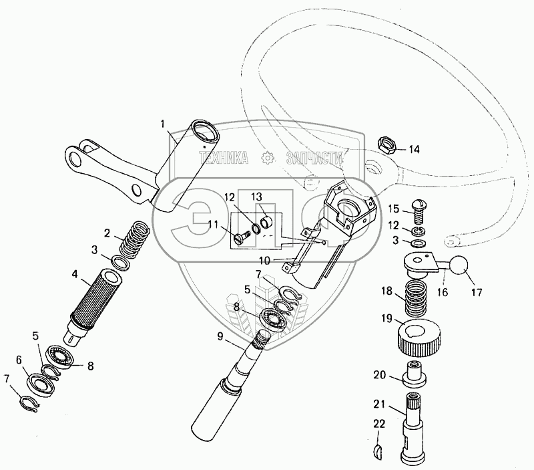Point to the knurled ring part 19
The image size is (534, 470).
[421, 336]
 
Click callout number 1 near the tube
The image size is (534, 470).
[162, 123]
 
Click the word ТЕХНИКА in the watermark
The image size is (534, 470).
[223, 158]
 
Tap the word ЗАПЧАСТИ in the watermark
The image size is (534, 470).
[314, 158]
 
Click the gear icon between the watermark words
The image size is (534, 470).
[268, 158]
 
